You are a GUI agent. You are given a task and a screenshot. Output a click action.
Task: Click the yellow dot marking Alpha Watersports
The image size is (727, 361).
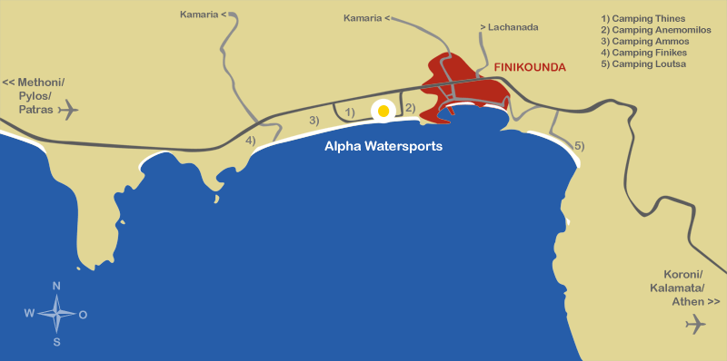(383, 111)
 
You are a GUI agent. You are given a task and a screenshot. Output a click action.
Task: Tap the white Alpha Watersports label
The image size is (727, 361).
(383, 145)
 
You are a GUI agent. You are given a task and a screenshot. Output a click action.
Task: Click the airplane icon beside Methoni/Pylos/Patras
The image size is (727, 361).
(68, 111)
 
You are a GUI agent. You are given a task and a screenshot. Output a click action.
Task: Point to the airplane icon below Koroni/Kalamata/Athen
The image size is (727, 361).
(695, 323)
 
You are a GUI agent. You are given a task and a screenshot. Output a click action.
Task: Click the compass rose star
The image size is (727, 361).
(56, 314)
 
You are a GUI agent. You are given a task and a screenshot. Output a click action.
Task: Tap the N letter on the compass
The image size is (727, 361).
(56, 287)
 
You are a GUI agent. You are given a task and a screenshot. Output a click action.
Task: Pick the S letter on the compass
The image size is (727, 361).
(56, 342)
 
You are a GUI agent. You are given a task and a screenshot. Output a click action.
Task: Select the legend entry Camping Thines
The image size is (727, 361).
(643, 18)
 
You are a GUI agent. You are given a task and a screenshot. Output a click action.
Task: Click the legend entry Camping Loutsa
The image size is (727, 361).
(643, 65)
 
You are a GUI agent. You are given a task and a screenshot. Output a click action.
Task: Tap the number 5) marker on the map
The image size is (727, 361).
(579, 146)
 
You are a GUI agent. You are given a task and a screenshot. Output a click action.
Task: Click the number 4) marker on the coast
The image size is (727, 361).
(250, 141)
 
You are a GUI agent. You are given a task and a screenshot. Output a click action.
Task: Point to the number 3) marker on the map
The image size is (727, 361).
(314, 121)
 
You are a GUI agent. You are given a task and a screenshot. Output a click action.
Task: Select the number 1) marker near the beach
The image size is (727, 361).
(350, 112)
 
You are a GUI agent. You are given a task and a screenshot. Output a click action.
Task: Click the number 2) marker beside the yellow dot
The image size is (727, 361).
(410, 109)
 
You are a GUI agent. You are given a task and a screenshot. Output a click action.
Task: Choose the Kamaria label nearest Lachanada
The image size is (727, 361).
(364, 17)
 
